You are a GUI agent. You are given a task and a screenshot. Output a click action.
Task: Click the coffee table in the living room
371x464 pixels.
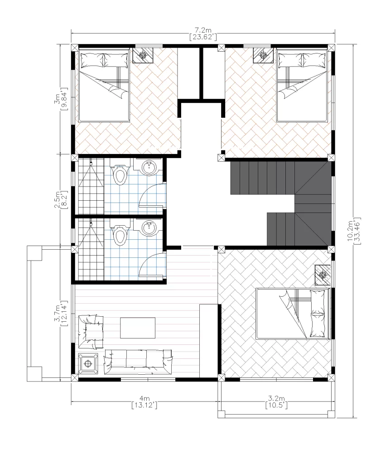(138, 328)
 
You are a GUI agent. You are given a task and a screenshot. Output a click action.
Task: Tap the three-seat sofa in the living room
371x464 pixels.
(138, 362)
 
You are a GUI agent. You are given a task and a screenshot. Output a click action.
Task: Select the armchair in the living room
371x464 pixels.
(91, 332)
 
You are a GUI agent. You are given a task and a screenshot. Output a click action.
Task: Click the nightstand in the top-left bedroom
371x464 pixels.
(143, 55)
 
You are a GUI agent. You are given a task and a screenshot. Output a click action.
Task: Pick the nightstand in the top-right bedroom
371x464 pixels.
(262, 55)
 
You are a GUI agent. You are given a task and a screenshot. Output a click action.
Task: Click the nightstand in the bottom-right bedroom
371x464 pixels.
(323, 275)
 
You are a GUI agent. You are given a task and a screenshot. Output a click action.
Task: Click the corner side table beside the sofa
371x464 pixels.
(88, 363)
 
